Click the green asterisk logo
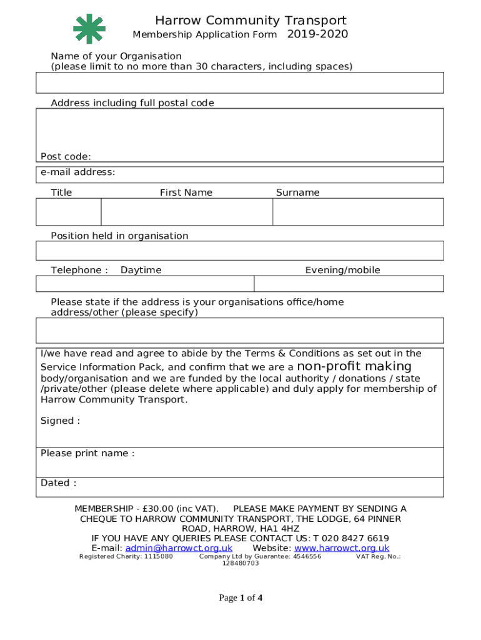click(x=89, y=29)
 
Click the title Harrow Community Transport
click(x=250, y=21)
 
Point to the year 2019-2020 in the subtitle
click(x=317, y=34)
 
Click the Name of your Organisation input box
click(x=240, y=82)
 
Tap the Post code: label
click(x=66, y=156)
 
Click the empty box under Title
click(x=69, y=212)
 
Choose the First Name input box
click(x=187, y=212)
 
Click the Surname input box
click(x=358, y=212)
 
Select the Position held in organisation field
click(x=240, y=251)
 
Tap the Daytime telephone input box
click(x=145, y=284)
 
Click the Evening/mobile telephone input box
click(x=349, y=284)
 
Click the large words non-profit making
click(x=354, y=366)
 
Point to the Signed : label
click(x=60, y=421)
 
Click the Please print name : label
click(x=87, y=453)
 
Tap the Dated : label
click(x=59, y=482)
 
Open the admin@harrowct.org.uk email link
click(x=179, y=548)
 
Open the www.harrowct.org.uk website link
click(x=342, y=548)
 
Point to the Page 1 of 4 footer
click(x=241, y=598)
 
